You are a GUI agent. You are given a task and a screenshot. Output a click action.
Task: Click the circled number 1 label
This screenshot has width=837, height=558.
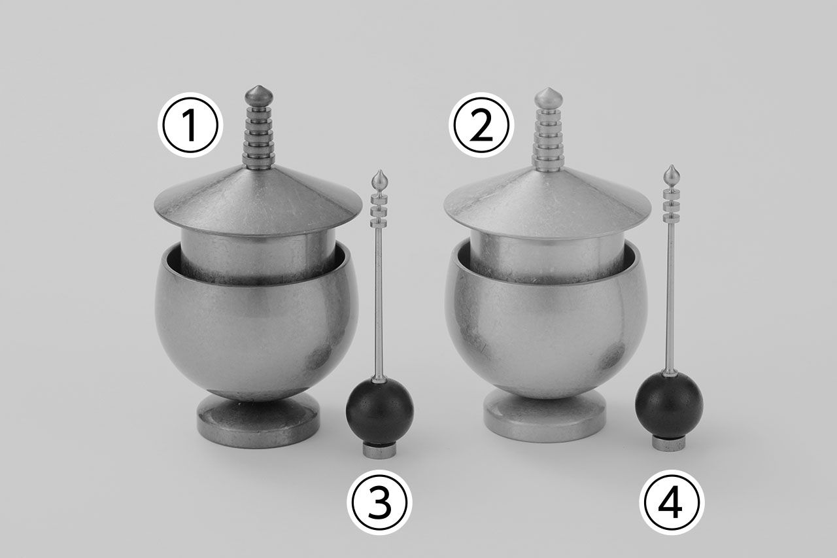click(x=190, y=125)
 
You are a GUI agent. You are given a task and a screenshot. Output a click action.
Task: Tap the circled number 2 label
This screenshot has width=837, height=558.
click(x=481, y=125)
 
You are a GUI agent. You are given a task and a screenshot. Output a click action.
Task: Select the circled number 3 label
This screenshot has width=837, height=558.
click(x=379, y=502)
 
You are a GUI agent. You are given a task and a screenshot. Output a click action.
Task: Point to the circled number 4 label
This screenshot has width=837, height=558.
click(x=672, y=502)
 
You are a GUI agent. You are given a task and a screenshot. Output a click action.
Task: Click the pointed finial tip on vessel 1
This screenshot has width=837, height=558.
click(x=258, y=86)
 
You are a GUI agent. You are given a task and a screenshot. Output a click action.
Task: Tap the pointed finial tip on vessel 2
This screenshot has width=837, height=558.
click(x=549, y=88)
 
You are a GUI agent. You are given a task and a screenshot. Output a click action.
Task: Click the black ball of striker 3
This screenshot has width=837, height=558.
click(x=380, y=410)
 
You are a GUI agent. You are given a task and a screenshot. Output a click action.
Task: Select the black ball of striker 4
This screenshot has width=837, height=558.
click(x=669, y=405)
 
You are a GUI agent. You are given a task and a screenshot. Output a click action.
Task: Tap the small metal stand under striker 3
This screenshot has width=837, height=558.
click(x=380, y=449)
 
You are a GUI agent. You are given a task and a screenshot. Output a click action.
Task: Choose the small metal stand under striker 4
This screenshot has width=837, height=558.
click(x=669, y=444)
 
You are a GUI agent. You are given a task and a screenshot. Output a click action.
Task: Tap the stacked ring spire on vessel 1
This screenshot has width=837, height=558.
click(x=258, y=137)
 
